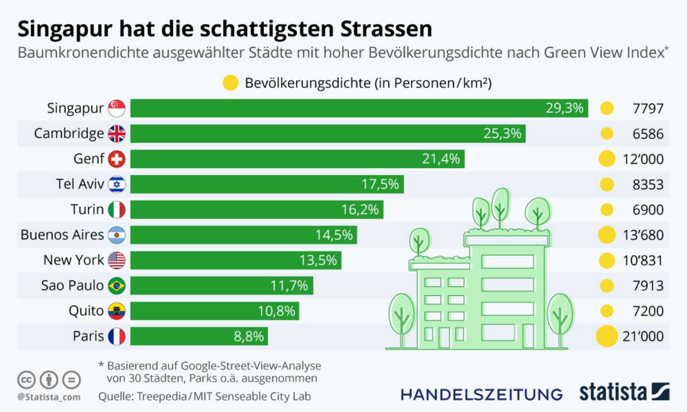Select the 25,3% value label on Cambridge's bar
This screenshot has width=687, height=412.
[502, 134]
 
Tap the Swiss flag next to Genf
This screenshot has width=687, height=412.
[117, 159]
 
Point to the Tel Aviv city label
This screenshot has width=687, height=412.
[80, 184]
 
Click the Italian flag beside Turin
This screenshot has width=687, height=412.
[117, 210]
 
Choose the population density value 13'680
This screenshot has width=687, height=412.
[643, 235]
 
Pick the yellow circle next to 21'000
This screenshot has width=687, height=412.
[606, 336]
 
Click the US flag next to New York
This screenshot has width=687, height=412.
[117, 260]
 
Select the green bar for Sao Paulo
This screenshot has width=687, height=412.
[222, 286]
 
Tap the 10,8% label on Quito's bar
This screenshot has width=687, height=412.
[276, 311]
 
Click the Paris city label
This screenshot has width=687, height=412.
[88, 336]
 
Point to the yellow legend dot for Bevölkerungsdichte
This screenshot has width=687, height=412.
[230, 84]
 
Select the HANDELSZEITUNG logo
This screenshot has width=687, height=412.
[481, 394]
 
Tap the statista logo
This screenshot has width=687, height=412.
[624, 392]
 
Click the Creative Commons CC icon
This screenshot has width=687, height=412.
[26, 379]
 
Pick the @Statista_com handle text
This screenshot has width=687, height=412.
[48, 397]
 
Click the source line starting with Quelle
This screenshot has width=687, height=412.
[204, 396]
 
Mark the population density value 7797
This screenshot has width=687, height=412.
[648, 109]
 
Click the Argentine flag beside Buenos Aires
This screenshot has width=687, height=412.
[117, 235]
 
